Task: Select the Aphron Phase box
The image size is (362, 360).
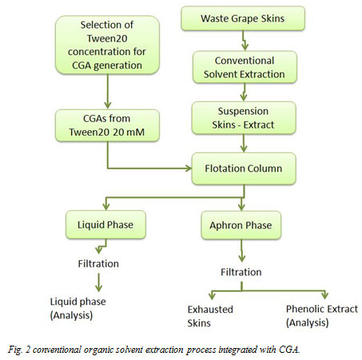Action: pyautogui.click(x=240, y=225)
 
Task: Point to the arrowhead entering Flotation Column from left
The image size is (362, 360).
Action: pyautogui.click(x=188, y=168)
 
